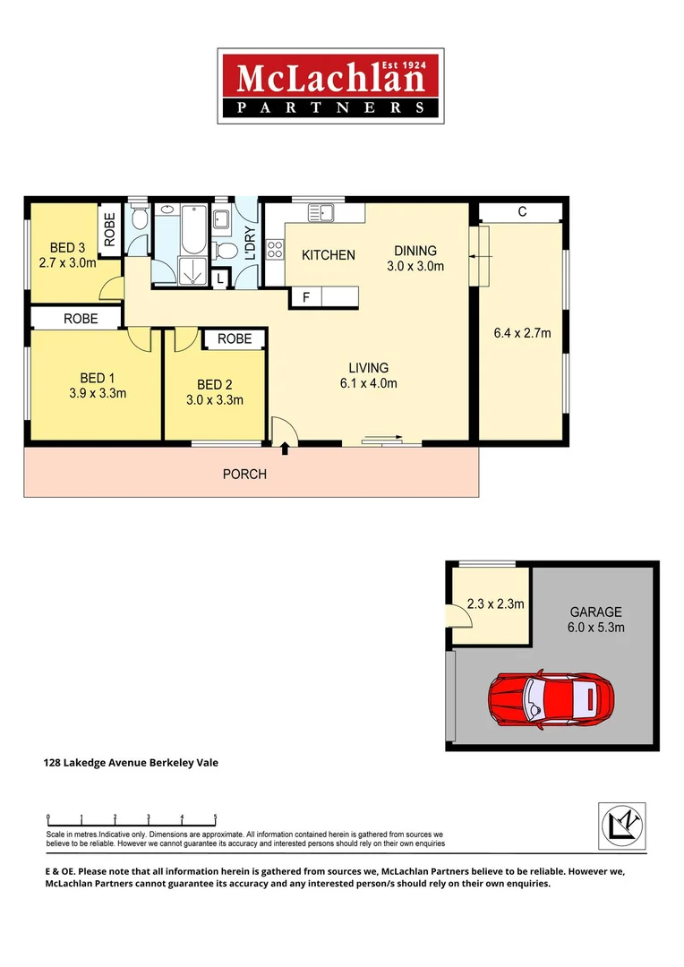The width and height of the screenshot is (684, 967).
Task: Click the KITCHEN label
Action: click(328, 255)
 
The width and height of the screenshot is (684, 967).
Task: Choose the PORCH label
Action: click(244, 474)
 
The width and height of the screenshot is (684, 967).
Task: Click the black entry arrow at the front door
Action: click(286, 448)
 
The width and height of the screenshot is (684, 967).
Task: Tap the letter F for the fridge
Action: click(305, 297)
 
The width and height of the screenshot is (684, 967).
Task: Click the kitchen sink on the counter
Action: click(321, 212)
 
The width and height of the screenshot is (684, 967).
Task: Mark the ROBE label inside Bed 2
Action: click(235, 338)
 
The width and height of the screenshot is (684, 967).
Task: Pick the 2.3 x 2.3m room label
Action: click(495, 603)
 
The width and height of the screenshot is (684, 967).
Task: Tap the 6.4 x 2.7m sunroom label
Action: click(522, 334)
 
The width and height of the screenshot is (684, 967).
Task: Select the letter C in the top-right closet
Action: click(521, 212)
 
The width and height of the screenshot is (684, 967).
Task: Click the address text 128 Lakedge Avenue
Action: click(131, 763)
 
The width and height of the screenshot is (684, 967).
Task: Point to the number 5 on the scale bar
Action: click(215, 817)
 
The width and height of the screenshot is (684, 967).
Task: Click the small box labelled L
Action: click(221, 279)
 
